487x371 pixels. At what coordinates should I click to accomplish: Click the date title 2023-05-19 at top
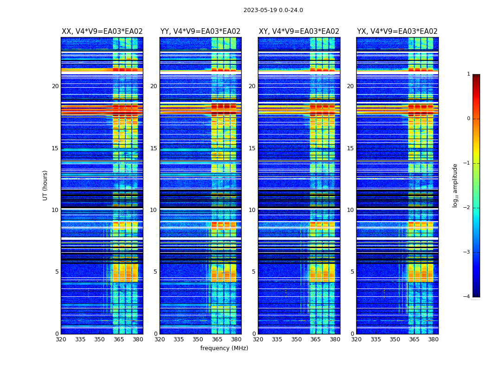[x=273, y=10]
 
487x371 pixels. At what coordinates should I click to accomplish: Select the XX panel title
[x=102, y=32]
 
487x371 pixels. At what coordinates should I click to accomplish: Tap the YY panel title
[x=200, y=32]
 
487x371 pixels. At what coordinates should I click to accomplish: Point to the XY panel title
[x=299, y=32]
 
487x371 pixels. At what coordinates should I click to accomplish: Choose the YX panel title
[x=397, y=32]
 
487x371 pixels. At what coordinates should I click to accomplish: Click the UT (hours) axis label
[x=45, y=185]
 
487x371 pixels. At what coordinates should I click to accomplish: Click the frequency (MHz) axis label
[x=224, y=348]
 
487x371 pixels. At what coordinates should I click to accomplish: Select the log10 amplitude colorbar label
[x=455, y=185]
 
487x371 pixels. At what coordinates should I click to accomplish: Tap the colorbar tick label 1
[x=468, y=74]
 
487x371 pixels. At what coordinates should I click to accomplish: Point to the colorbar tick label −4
[x=467, y=297]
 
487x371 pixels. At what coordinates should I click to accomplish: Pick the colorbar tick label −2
[x=467, y=208]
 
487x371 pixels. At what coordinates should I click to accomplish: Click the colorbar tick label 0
[x=468, y=119]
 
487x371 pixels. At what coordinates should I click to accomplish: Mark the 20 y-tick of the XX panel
[x=55, y=86]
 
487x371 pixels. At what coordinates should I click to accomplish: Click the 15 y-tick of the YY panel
[x=154, y=148]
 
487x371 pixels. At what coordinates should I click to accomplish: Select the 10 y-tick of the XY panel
[x=252, y=210]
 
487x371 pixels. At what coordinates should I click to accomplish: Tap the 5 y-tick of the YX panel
[x=352, y=272]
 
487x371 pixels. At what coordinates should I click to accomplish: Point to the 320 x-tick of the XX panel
[x=61, y=339]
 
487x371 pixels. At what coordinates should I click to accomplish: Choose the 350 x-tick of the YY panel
[x=198, y=339]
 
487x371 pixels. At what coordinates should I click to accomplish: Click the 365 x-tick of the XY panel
[x=315, y=339]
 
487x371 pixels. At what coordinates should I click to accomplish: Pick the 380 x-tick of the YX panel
[x=433, y=339]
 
